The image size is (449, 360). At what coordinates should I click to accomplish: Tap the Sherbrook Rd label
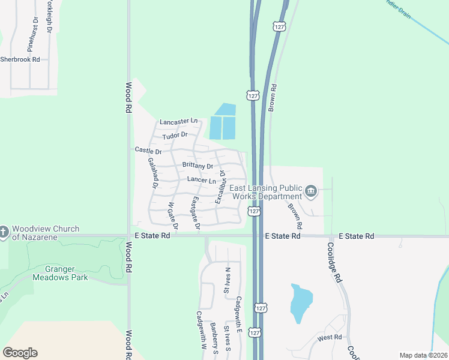tap(20, 59)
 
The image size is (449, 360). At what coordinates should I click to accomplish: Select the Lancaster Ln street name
tap(178, 121)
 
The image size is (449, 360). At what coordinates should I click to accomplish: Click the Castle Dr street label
tap(148, 151)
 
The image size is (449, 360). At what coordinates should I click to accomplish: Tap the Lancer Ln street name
tap(201, 180)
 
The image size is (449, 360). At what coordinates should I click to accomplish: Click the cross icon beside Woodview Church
tap(4, 232)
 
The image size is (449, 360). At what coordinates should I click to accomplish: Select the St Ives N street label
tap(227, 281)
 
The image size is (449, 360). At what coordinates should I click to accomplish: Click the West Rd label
tap(330, 338)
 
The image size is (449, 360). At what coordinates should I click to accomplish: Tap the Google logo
tap(20, 353)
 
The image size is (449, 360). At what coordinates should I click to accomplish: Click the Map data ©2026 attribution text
tap(423, 355)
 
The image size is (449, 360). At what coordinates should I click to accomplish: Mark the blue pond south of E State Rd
tap(301, 303)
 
